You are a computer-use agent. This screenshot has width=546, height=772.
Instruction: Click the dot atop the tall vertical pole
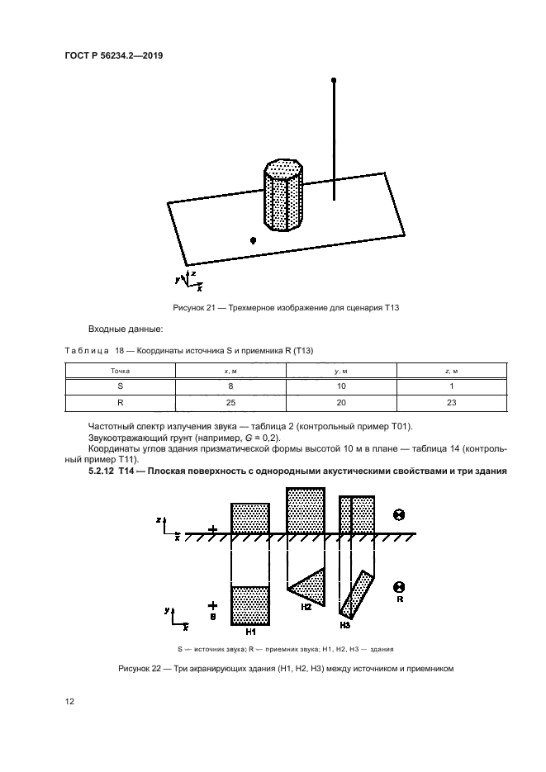(334, 81)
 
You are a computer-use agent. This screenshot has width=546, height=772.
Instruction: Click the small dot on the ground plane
(254, 239)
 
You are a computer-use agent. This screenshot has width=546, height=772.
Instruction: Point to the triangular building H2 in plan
(308, 587)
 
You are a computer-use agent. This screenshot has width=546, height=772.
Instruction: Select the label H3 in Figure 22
(349, 623)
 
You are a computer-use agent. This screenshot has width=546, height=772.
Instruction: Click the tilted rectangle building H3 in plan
(357, 594)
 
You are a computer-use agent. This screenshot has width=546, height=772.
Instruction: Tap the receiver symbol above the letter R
(399, 586)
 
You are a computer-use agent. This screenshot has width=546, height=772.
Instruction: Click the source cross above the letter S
(213, 605)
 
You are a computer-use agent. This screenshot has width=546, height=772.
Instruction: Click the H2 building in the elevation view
(306, 510)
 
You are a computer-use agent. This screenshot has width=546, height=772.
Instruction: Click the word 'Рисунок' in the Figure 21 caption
(189, 307)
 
